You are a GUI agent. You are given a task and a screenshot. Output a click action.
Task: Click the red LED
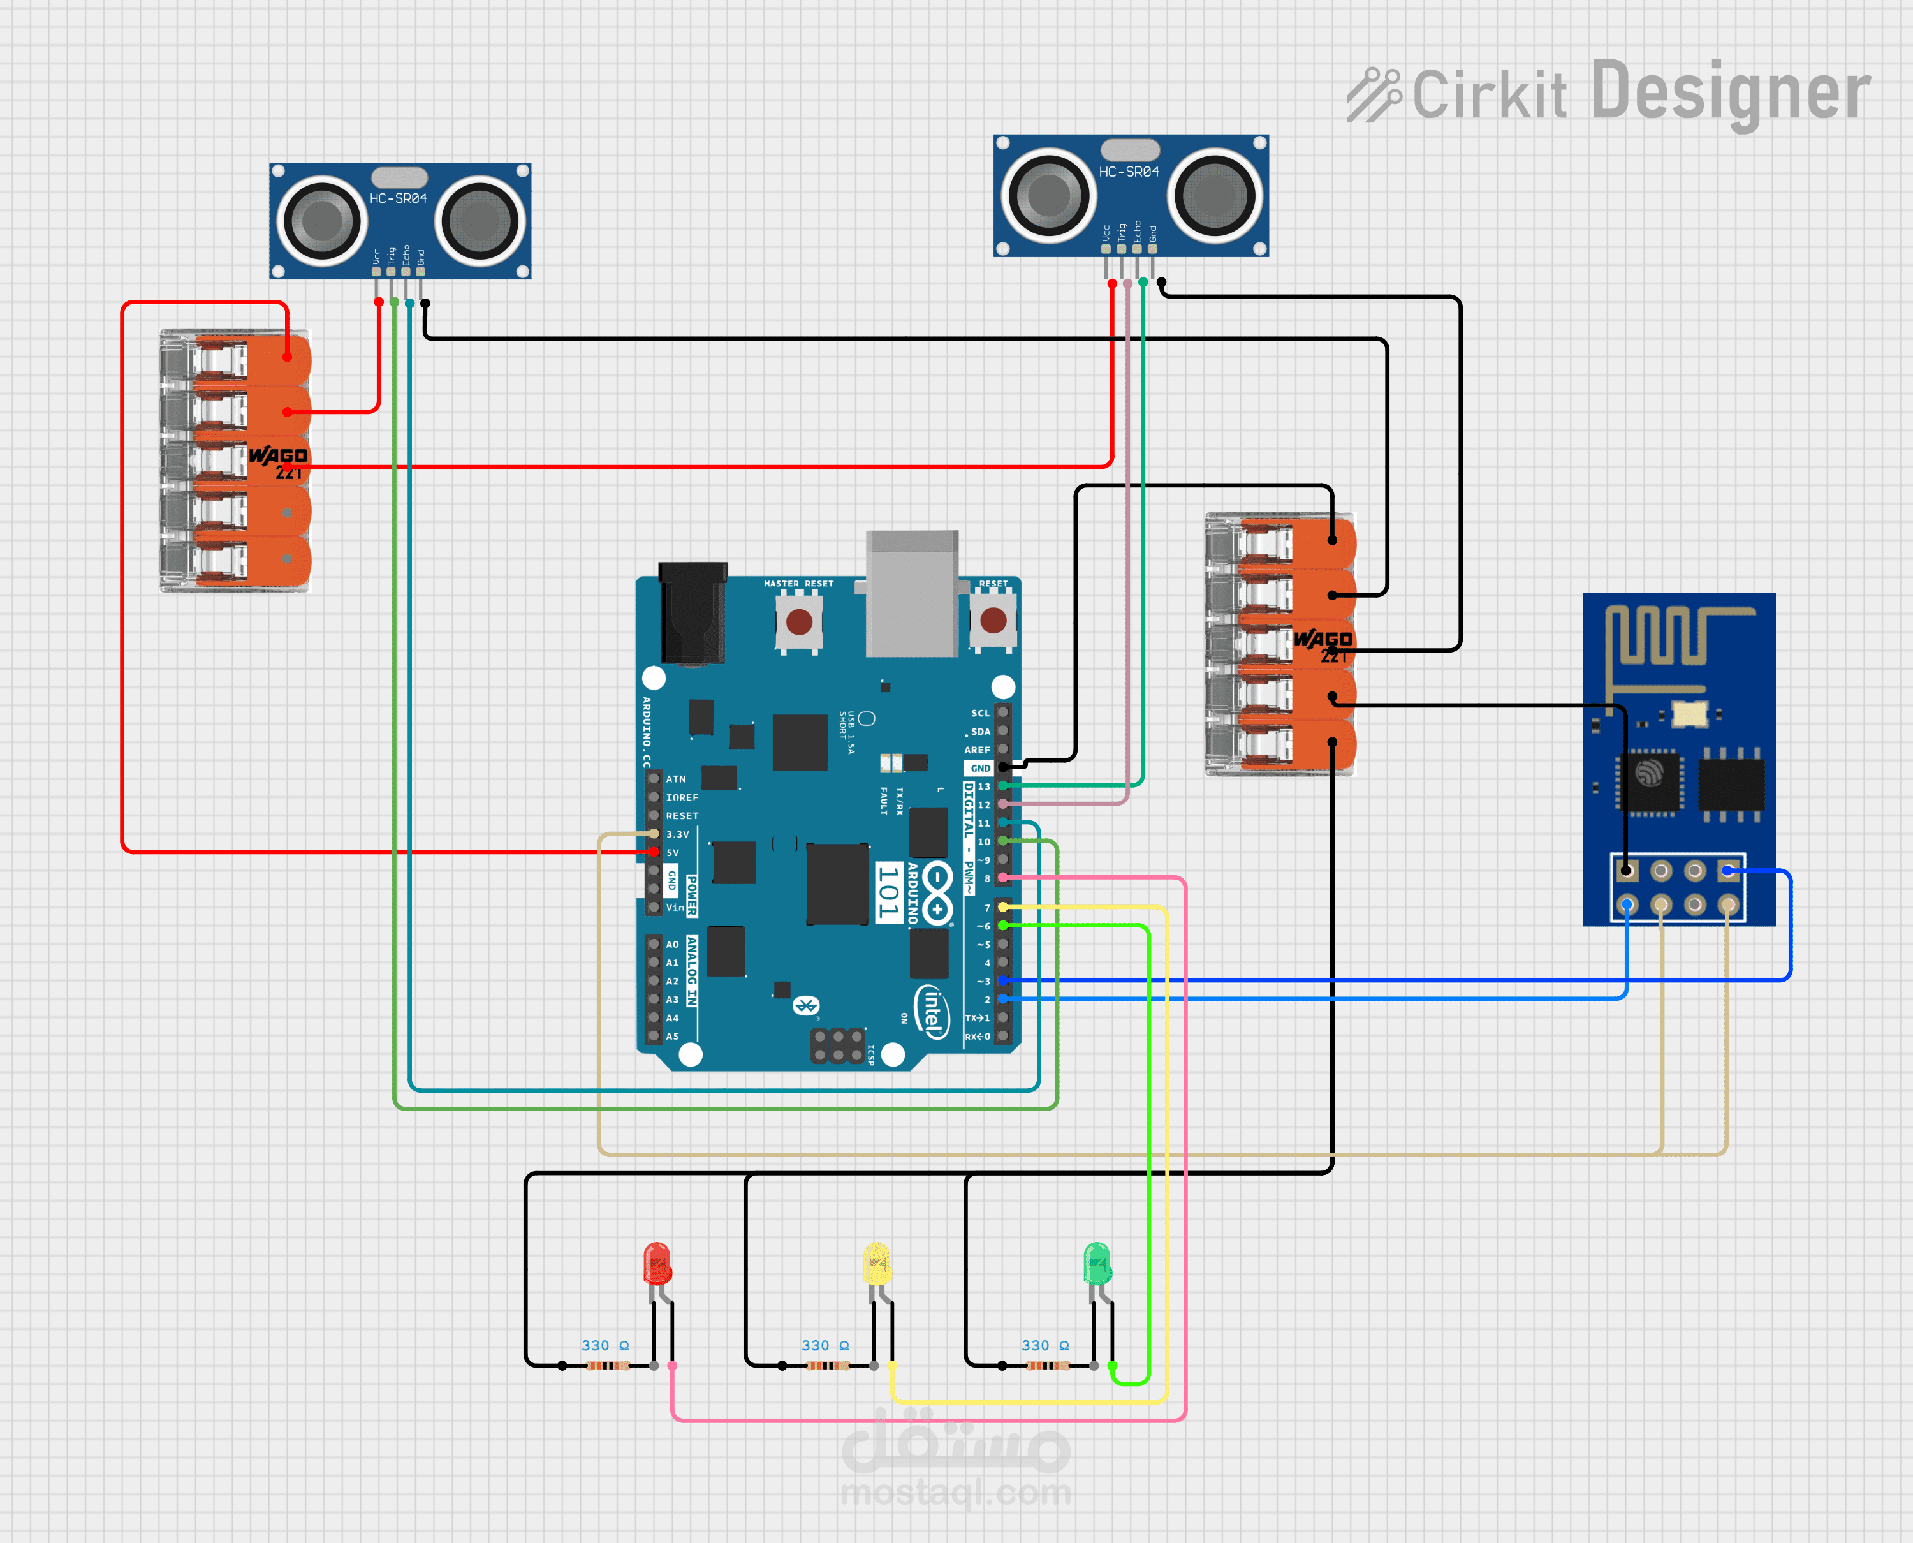(x=657, y=1263)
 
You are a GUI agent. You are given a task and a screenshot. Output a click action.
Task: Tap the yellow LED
(x=877, y=1263)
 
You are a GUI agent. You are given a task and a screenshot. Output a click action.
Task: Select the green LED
(x=1097, y=1263)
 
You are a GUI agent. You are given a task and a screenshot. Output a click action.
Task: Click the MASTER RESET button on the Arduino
(x=799, y=621)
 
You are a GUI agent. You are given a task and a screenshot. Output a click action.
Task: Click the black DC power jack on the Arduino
(x=692, y=613)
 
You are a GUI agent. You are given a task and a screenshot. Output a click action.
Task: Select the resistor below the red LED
(x=608, y=1365)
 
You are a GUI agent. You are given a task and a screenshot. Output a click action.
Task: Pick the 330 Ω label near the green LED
(x=1045, y=1346)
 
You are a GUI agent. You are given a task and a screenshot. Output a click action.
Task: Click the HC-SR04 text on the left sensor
(x=398, y=198)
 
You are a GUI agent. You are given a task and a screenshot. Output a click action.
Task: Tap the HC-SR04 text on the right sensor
(x=1129, y=172)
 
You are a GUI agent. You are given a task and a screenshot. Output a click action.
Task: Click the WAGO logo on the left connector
(x=278, y=456)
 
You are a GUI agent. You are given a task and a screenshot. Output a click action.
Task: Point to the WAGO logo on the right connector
(x=1323, y=639)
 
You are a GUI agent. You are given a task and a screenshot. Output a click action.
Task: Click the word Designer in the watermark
(x=1730, y=92)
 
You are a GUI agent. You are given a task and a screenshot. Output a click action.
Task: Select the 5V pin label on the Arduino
(x=673, y=852)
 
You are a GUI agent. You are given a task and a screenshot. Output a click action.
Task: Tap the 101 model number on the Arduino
(x=888, y=892)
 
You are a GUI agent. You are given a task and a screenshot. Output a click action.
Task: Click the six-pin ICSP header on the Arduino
(x=837, y=1046)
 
